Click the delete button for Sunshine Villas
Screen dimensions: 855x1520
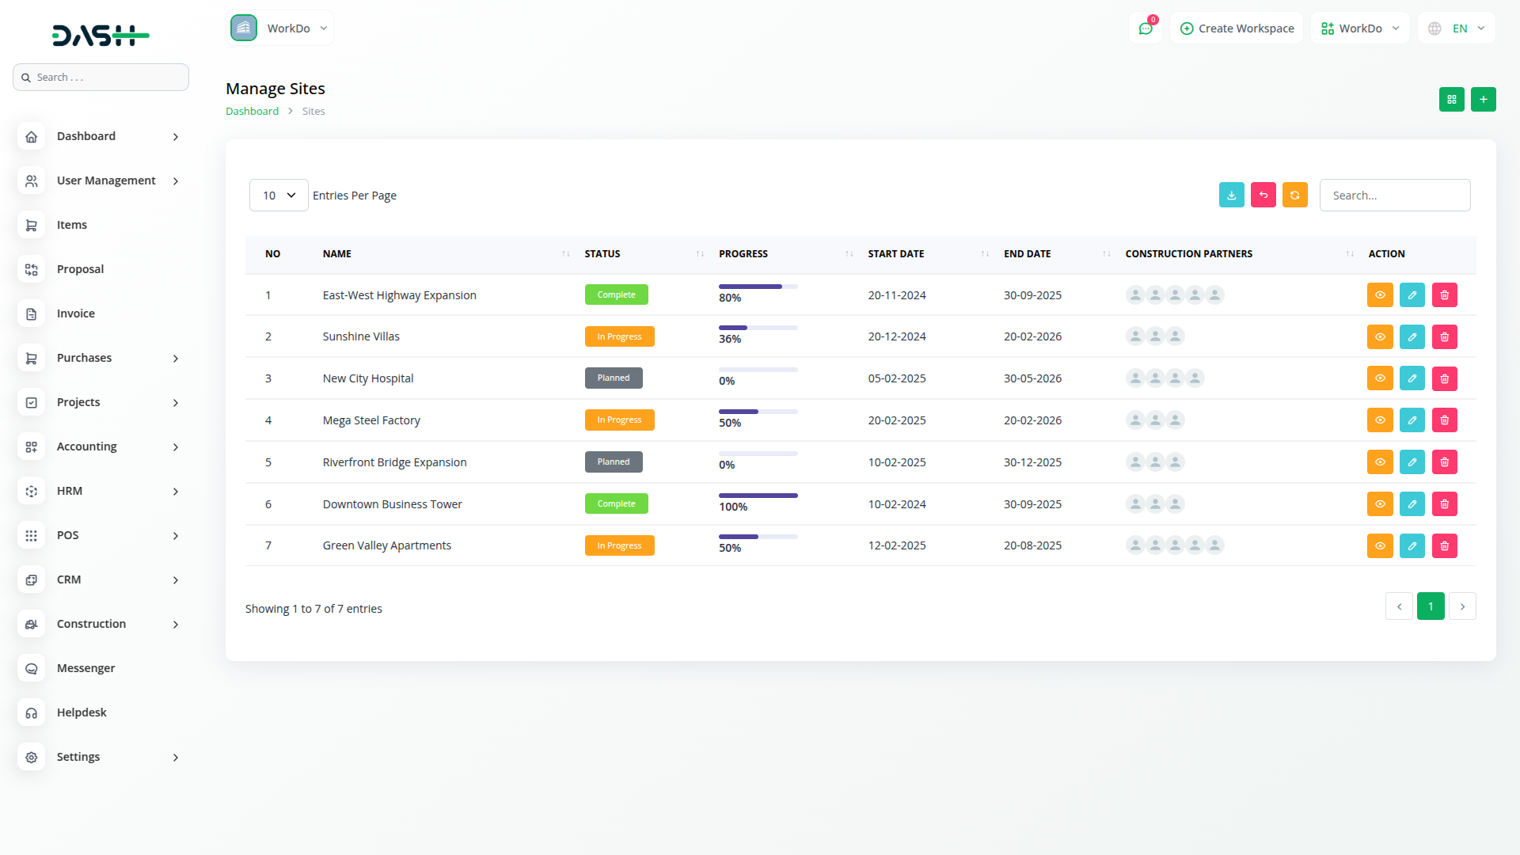tap(1444, 336)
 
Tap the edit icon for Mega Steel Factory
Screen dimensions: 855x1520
tap(1412, 420)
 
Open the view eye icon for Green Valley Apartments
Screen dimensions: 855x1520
tap(1380, 545)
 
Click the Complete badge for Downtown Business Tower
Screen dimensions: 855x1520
tap(616, 503)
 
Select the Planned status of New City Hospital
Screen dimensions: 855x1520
tap(614, 378)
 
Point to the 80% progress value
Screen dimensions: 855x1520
tap(730, 298)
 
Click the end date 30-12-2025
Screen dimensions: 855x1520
tap(1032, 462)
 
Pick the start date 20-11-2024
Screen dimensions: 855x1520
tap(896, 295)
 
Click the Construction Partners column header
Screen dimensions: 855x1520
tap(1188, 254)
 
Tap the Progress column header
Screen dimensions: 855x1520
tap(743, 254)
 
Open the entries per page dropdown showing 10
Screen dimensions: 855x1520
tap(279, 196)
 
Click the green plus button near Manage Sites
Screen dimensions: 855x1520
tap(1483, 99)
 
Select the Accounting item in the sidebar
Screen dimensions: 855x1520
tap(86, 446)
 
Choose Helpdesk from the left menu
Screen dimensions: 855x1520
tap(82, 712)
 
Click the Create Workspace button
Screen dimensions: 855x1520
tap(1237, 28)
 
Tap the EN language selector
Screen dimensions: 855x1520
tap(1457, 28)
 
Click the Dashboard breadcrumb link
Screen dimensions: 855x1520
tap(252, 112)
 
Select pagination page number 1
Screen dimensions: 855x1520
tap(1430, 606)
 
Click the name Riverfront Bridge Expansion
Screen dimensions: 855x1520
tap(394, 462)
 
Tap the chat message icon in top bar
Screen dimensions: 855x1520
tap(1145, 28)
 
